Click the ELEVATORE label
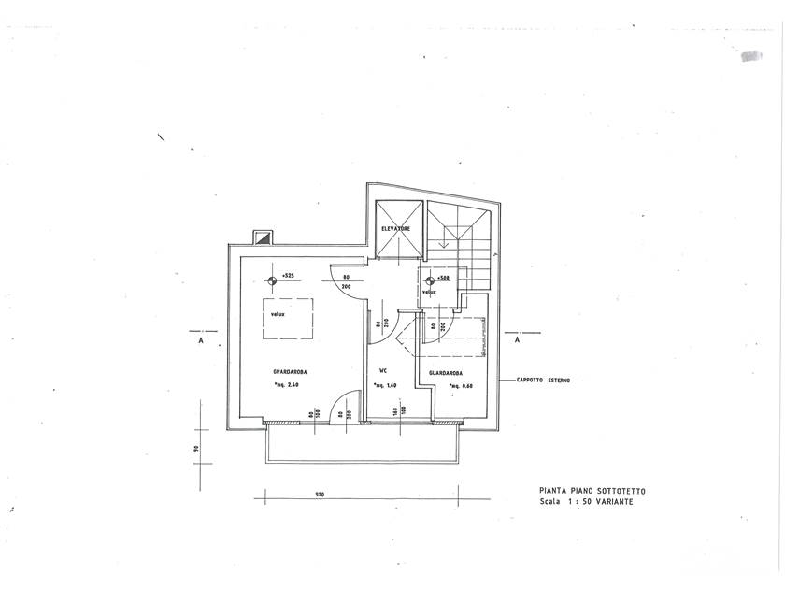pyautogui.click(x=397, y=229)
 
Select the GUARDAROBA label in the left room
pyautogui.click(x=291, y=372)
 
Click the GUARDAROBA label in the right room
pyautogui.click(x=448, y=373)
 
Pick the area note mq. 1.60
pyautogui.click(x=386, y=385)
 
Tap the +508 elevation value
pyautogui.click(x=443, y=278)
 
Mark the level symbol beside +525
pyautogui.click(x=273, y=279)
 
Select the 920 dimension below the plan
pyautogui.click(x=320, y=493)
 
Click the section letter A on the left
pyautogui.click(x=201, y=342)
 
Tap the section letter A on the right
pyautogui.click(x=517, y=342)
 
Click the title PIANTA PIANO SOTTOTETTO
pyautogui.click(x=591, y=491)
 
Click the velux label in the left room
pyautogui.click(x=278, y=314)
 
